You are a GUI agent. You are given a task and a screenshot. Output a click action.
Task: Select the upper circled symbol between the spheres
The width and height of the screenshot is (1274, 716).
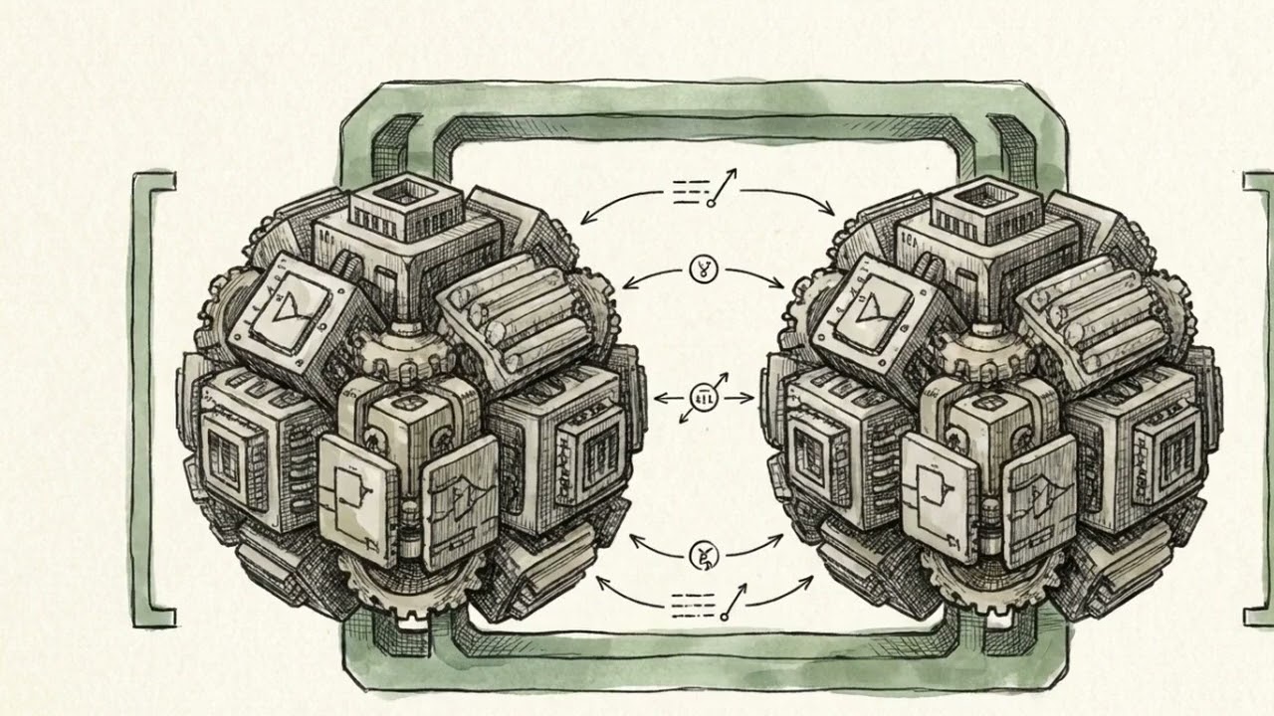tap(703, 268)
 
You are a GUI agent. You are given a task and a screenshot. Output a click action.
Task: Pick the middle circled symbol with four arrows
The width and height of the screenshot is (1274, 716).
tap(703, 398)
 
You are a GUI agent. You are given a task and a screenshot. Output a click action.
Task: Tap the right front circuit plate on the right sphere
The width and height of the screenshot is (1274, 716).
tap(1040, 502)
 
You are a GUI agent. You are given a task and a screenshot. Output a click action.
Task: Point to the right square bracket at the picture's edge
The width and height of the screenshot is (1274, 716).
tap(1256, 398)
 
